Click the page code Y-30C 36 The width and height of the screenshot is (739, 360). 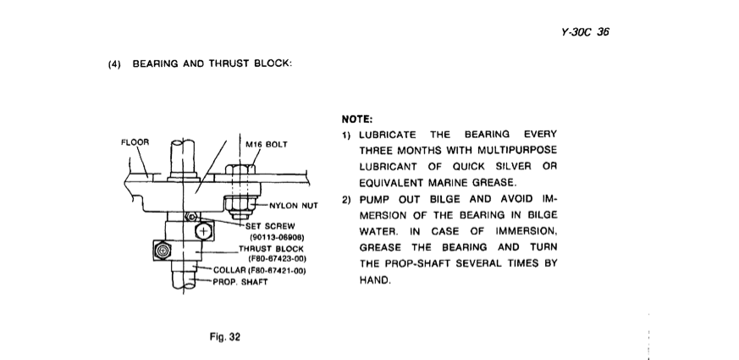pos(585,31)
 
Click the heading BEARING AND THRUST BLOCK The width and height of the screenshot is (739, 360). pos(213,65)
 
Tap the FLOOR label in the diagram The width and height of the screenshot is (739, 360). pos(135,143)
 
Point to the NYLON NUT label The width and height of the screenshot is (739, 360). pos(293,204)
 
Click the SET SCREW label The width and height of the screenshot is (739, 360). pos(267,226)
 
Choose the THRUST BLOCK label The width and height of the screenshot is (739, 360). pos(268,248)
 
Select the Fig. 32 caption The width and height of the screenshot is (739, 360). pos(224,336)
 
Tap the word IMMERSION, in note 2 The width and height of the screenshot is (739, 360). pos(526,231)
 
